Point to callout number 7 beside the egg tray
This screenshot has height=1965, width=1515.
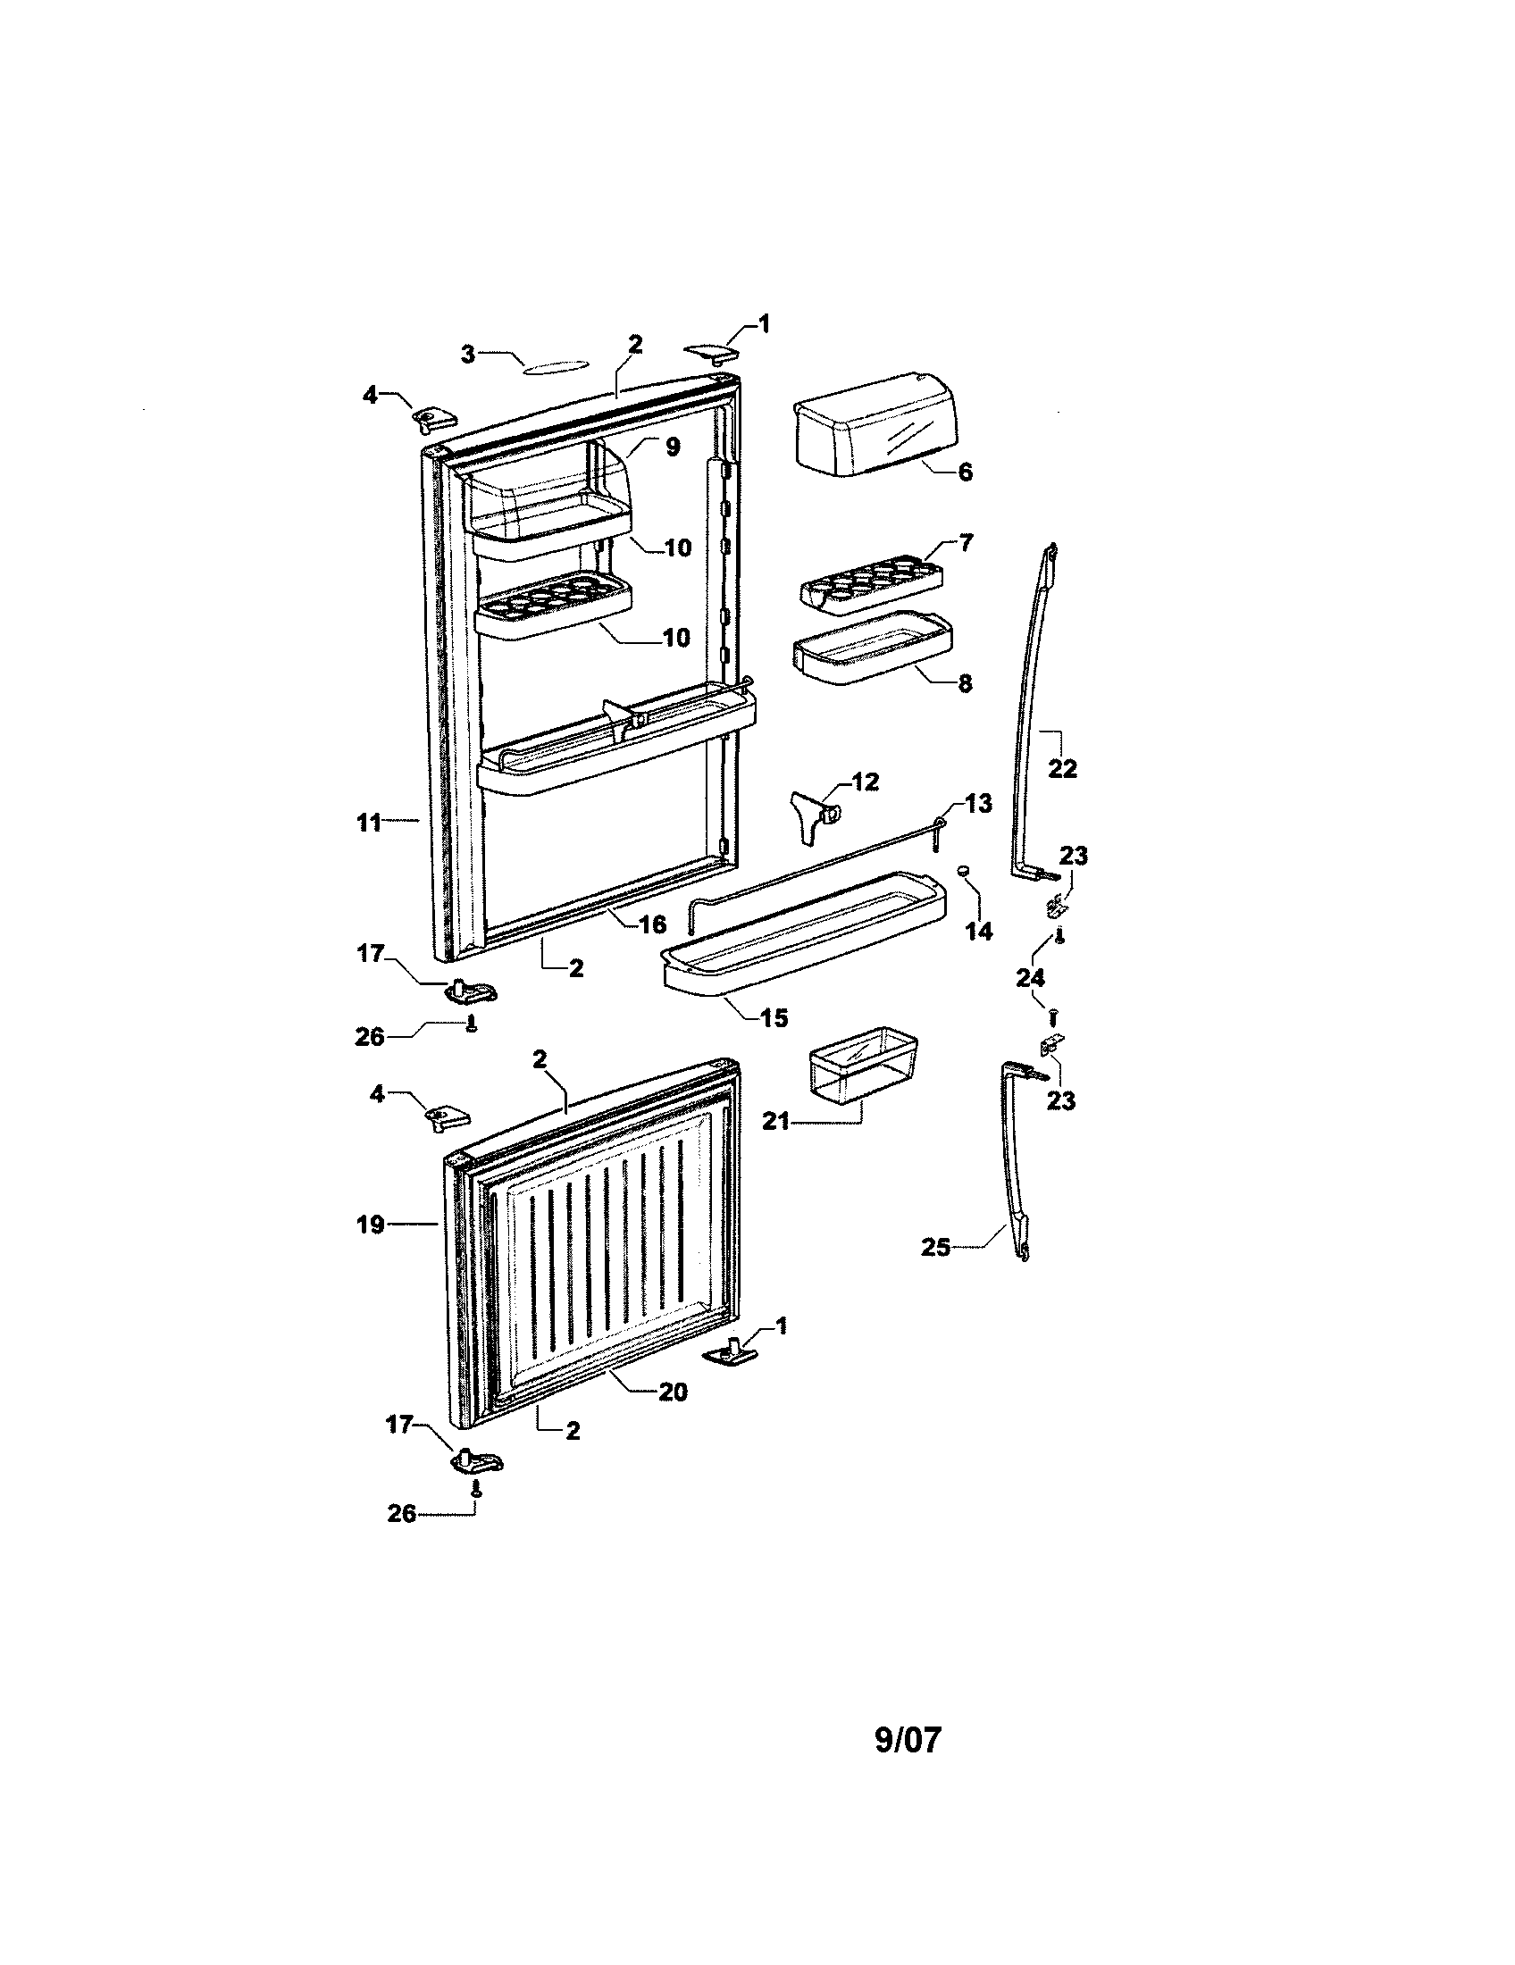(966, 542)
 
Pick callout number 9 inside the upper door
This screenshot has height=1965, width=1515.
(673, 447)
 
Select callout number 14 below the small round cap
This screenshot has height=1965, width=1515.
(979, 932)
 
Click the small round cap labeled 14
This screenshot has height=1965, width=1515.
(962, 871)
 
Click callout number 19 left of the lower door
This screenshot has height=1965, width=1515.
(371, 1225)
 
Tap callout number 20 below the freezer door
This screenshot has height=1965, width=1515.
(672, 1392)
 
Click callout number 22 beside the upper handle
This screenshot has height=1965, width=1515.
(1062, 769)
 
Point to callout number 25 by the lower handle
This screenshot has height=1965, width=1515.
(935, 1248)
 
